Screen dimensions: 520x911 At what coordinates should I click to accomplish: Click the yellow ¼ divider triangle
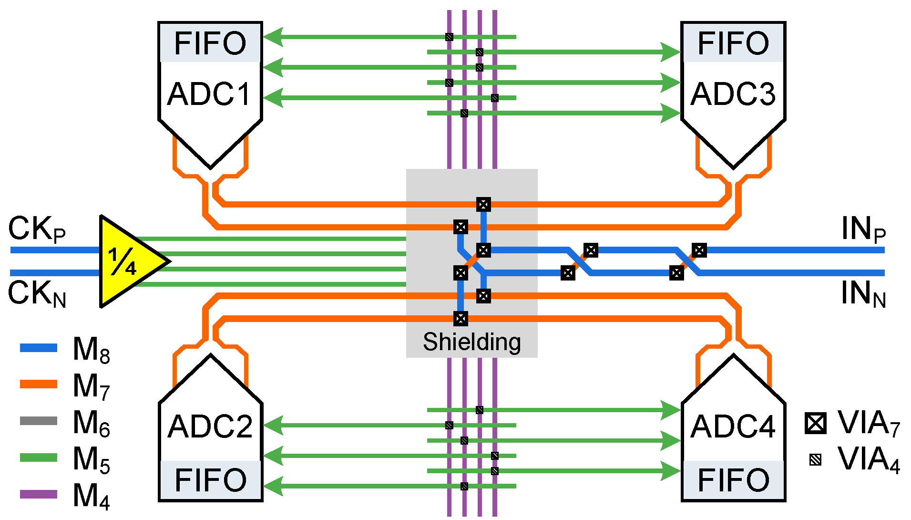pos(126,261)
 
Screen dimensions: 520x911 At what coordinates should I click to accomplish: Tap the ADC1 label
pos(209,94)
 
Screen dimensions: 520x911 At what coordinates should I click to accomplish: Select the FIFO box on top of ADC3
pos(733,43)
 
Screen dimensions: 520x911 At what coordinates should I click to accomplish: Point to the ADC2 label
pos(210,426)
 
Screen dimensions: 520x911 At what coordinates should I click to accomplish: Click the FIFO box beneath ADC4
pos(733,480)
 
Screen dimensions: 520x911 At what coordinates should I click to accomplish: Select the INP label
pos(863,229)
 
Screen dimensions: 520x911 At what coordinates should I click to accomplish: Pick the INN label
pos(863,293)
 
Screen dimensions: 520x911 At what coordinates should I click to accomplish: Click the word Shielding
pos(471,342)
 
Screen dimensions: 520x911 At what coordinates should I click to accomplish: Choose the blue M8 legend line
pos(39,348)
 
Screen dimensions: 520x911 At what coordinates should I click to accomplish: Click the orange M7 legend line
pos(39,385)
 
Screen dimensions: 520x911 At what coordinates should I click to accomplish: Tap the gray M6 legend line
pos(39,421)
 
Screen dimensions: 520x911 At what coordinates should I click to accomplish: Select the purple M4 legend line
pos(39,494)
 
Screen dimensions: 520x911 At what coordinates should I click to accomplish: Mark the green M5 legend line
pos(39,458)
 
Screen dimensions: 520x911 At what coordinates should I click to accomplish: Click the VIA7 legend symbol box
pos(815,423)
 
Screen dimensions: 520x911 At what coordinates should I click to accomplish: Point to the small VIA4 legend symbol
pos(816,460)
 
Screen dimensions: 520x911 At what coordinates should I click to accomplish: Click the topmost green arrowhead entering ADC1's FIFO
pos(273,37)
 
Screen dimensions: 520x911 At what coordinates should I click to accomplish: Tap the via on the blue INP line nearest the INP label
pos(699,250)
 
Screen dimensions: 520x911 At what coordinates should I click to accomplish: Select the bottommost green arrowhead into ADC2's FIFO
pos(273,486)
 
